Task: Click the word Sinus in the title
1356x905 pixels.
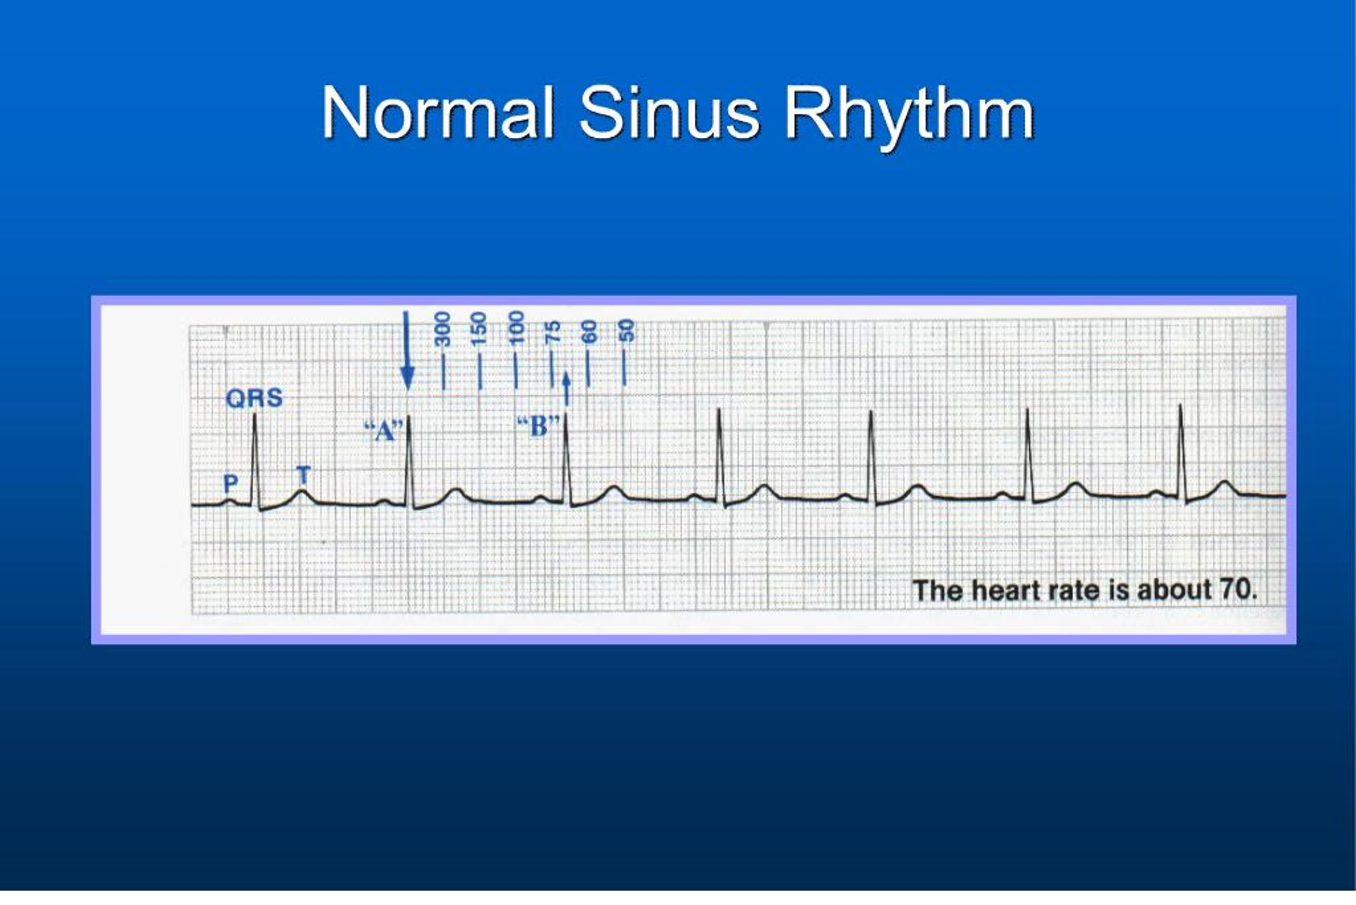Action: pos(669,112)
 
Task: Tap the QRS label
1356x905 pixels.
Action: pos(254,398)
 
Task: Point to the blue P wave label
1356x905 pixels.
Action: pos(230,483)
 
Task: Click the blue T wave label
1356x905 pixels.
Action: pos(304,476)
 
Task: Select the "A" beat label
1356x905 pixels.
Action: pos(383,431)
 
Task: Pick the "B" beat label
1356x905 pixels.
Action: pos(538,427)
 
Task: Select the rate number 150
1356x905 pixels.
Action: pos(479,329)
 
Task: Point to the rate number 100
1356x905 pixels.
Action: pos(516,328)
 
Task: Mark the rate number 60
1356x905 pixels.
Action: pos(588,332)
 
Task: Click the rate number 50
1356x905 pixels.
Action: pos(626,331)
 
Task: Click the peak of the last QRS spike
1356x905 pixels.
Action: pos(1180,406)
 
